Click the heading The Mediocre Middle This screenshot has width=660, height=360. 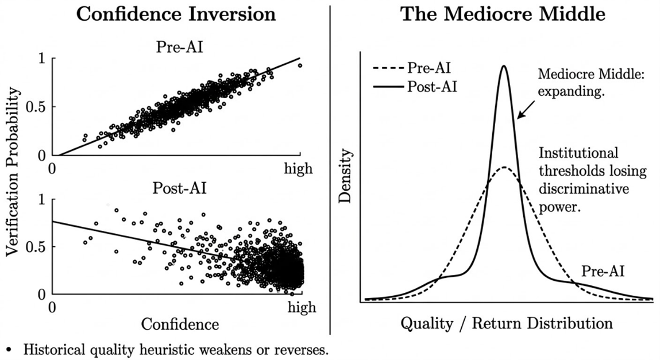pyautogui.click(x=503, y=14)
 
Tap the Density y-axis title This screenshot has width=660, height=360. pyautogui.click(x=345, y=177)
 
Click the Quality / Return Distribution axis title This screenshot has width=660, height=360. pyautogui.click(x=506, y=323)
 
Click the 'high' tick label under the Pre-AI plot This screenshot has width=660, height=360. pyautogui.click(x=299, y=168)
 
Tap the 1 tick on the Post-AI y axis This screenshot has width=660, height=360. pyautogui.click(x=41, y=200)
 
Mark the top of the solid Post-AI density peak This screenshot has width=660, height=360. pyautogui.click(x=504, y=66)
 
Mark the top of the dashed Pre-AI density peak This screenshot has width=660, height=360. pyautogui.click(x=504, y=167)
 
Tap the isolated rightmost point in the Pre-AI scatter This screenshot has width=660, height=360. pyautogui.click(x=299, y=65)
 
